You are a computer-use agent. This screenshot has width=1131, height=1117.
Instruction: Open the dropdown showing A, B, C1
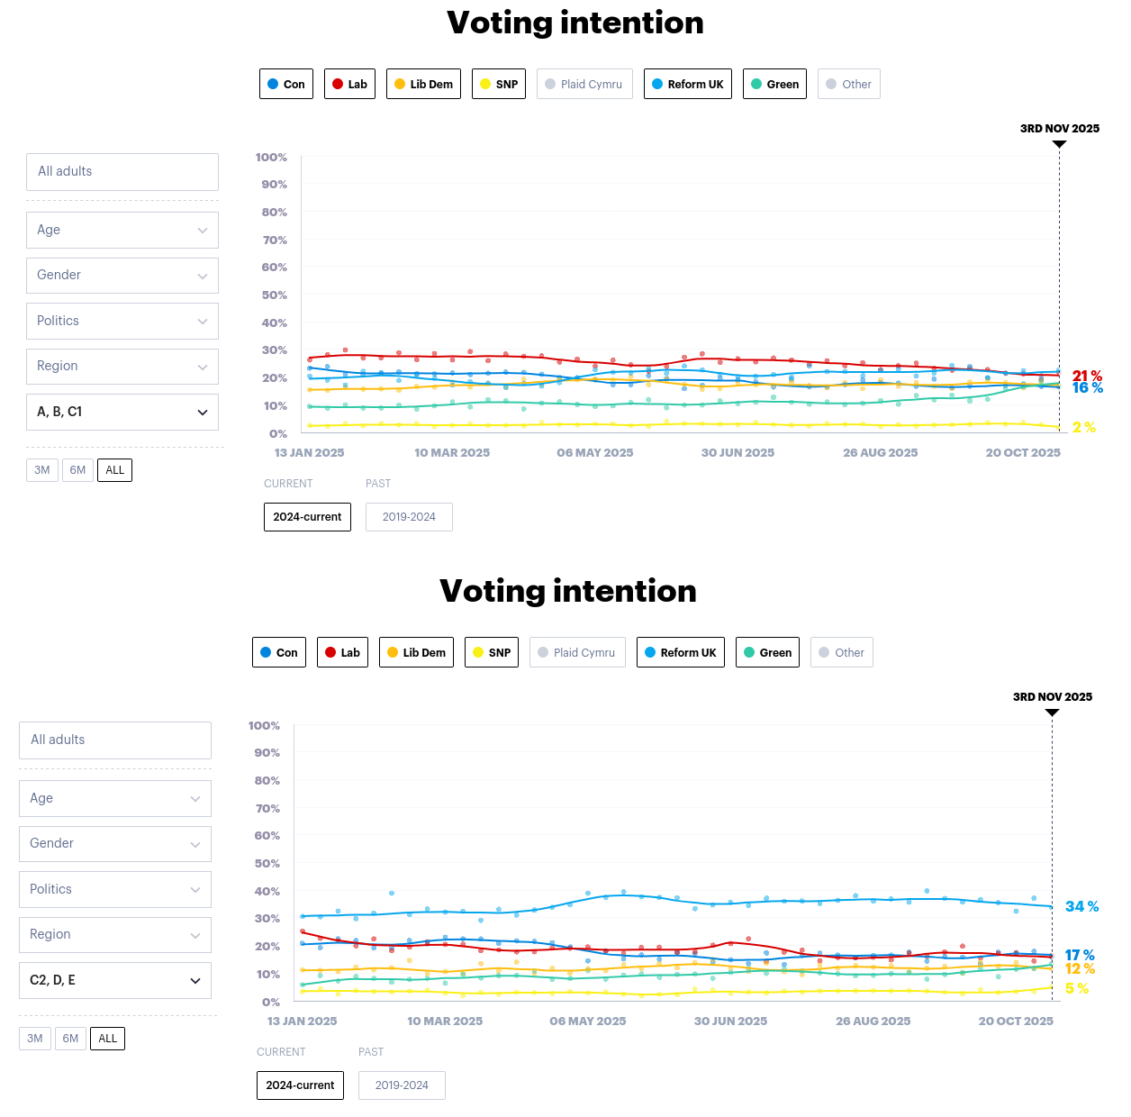pyautogui.click(x=122, y=412)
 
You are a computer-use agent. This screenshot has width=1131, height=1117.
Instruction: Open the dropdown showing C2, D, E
pyautogui.click(x=114, y=980)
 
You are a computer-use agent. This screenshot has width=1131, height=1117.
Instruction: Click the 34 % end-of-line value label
pyautogui.click(x=1081, y=906)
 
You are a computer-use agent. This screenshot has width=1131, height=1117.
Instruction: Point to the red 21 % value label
pyautogui.click(x=1087, y=376)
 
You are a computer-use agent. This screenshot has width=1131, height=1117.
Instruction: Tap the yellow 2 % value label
pyautogui.click(x=1083, y=427)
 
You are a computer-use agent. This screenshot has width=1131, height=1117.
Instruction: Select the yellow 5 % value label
pyautogui.click(x=1076, y=988)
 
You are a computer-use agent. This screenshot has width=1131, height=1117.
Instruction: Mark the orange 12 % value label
pyautogui.click(x=1080, y=969)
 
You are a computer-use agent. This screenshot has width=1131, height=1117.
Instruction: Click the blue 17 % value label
pyautogui.click(x=1080, y=955)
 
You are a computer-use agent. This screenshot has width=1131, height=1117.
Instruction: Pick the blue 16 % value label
pyautogui.click(x=1087, y=388)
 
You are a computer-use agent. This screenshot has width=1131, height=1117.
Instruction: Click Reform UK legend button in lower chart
pyautogui.click(x=680, y=652)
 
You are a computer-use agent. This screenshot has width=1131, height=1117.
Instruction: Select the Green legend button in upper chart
pyautogui.click(x=774, y=84)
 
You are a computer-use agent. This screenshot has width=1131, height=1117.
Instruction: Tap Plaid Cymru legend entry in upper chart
pyautogui.click(x=584, y=84)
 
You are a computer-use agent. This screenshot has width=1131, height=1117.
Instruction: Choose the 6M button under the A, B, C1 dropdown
pyautogui.click(x=77, y=470)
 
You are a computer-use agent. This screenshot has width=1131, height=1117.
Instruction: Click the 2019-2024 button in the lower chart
pyautogui.click(x=402, y=1085)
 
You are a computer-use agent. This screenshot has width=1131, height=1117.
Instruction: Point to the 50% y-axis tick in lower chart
pyautogui.click(x=267, y=863)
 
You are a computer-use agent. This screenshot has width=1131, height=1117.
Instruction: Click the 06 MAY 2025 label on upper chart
pyautogui.click(x=594, y=452)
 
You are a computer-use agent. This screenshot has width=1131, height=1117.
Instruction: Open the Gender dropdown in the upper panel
pyautogui.click(x=122, y=276)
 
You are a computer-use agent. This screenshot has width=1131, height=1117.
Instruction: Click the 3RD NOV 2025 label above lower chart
pyautogui.click(x=1052, y=696)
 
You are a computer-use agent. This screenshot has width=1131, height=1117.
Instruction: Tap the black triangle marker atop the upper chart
pyautogui.click(x=1059, y=144)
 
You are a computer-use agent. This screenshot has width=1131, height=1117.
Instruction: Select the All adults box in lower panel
pyautogui.click(x=114, y=740)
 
